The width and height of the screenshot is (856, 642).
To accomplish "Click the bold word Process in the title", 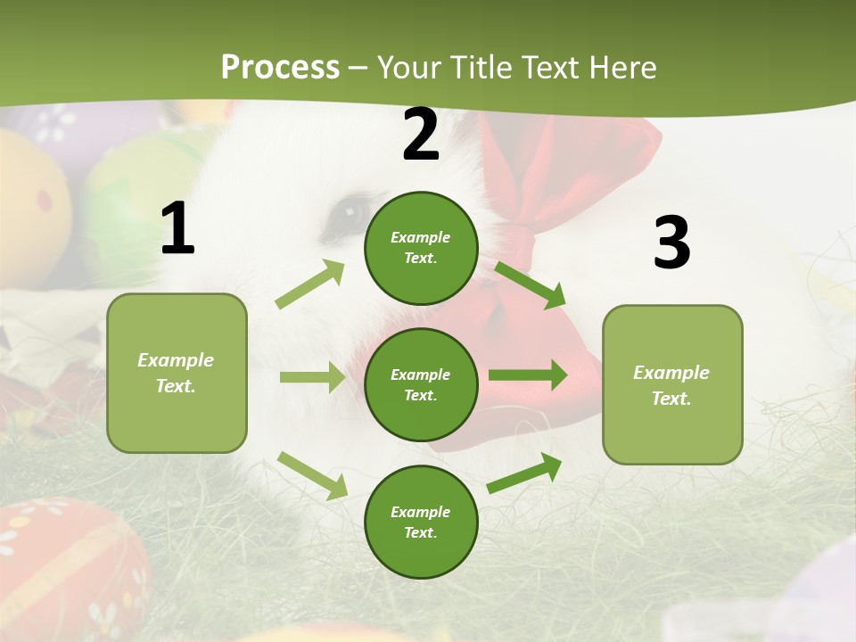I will (280, 68).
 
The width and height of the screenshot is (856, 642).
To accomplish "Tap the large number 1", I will (177, 229).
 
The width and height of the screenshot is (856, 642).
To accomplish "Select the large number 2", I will (421, 135).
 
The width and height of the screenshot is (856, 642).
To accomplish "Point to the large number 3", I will (671, 243).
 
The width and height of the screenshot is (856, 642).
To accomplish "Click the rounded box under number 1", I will (177, 373).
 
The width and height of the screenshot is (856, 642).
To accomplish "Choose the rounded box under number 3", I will (672, 385).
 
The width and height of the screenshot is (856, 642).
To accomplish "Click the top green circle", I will (421, 248).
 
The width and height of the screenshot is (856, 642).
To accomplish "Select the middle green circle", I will (421, 384).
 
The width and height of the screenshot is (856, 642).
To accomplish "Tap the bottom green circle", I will (421, 522).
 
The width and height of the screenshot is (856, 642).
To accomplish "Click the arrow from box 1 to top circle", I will (310, 284).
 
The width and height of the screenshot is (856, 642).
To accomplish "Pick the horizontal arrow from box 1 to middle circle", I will (312, 377).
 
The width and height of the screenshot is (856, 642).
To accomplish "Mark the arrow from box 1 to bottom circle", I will (312, 474).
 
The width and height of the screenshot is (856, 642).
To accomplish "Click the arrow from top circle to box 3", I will (530, 284).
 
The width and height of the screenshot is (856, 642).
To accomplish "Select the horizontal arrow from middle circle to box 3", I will (528, 374).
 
